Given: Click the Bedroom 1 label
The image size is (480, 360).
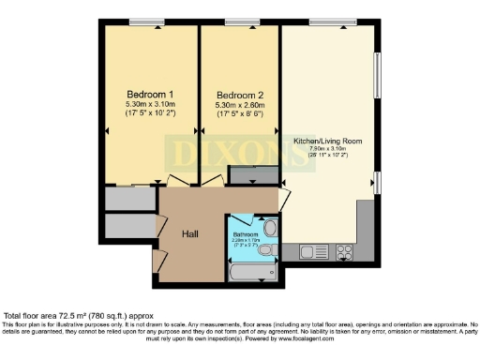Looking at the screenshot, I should [x=151, y=95].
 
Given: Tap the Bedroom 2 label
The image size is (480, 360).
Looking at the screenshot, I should [x=239, y=95].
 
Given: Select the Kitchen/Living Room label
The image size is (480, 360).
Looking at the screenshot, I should [x=328, y=141].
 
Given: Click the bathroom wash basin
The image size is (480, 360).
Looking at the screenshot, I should [x=270, y=227].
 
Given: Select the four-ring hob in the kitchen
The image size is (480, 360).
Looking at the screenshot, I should [x=344, y=251].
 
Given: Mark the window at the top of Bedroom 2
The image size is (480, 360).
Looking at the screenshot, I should [x=240, y=22].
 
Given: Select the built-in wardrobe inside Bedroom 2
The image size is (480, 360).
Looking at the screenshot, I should [x=253, y=175].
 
